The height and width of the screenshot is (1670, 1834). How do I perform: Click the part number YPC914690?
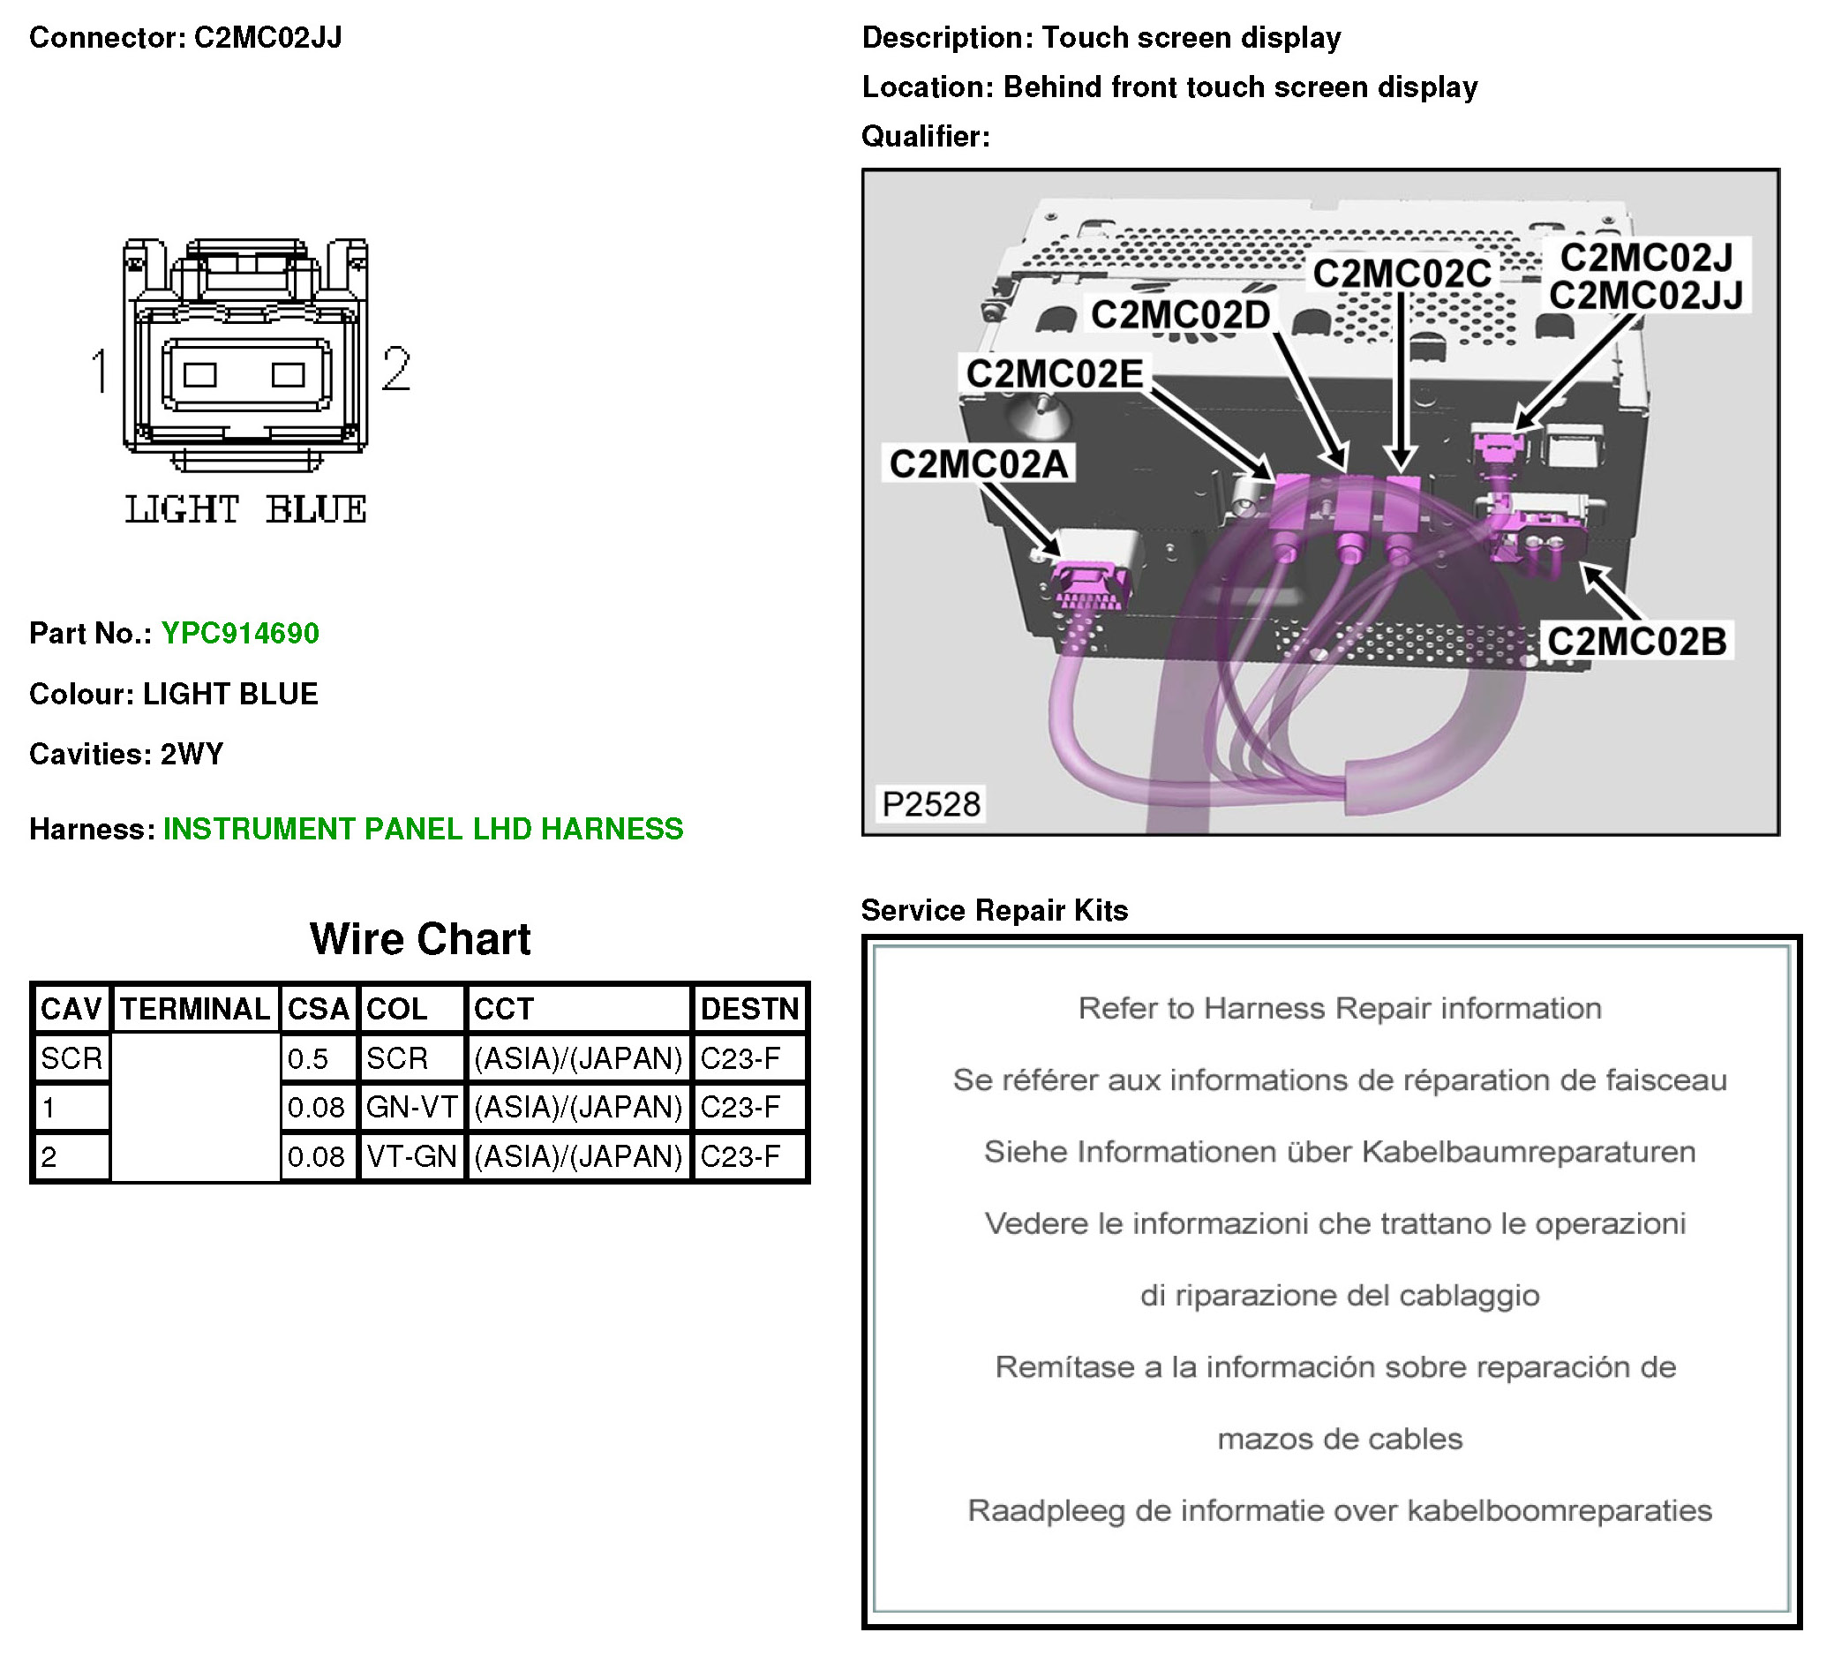click(x=240, y=634)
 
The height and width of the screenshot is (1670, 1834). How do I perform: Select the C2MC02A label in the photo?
click(x=979, y=465)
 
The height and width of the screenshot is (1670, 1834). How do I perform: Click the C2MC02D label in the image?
click(x=1181, y=316)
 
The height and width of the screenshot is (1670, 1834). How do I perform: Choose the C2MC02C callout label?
click(x=1402, y=274)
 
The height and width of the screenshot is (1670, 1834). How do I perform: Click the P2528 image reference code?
click(x=931, y=805)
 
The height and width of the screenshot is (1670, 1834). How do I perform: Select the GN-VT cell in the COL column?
click(x=411, y=1108)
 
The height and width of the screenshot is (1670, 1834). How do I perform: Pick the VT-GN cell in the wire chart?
click(x=411, y=1157)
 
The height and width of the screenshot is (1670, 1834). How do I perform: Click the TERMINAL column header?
click(x=196, y=1010)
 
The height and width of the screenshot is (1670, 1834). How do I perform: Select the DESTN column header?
click(x=749, y=1010)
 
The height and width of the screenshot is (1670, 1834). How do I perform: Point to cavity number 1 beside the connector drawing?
click(x=100, y=371)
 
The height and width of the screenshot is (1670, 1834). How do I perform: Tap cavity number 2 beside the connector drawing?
click(x=395, y=369)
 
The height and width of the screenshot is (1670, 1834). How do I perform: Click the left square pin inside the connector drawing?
click(x=200, y=375)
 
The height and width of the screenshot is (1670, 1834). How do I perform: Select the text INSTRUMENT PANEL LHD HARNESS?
click(x=423, y=830)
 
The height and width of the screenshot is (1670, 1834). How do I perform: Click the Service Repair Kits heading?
click(x=995, y=911)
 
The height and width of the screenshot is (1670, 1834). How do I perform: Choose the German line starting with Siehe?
click(x=1340, y=1153)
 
